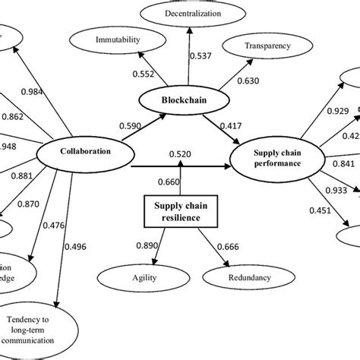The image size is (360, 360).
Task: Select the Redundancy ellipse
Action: (x=248, y=279)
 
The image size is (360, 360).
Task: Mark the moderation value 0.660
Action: (x=169, y=181)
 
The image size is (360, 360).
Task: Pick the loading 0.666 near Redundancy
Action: (x=226, y=245)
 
